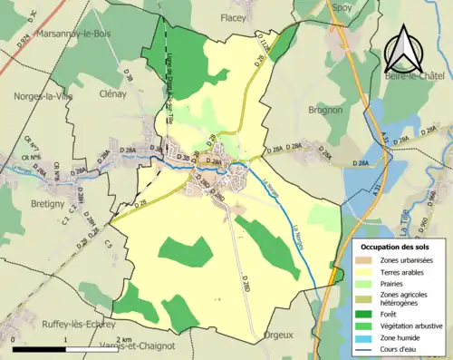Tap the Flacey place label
(x=233, y=16)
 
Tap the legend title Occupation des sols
(x=397, y=246)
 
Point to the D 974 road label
(x=24, y=37)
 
